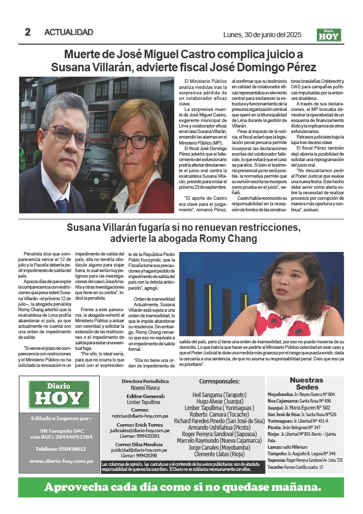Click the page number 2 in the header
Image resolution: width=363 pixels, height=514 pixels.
[28, 32]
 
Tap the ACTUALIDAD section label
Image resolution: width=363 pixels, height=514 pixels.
[69, 33]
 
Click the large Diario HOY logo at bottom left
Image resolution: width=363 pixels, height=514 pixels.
[59, 395]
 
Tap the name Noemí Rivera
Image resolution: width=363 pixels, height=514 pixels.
[145, 388]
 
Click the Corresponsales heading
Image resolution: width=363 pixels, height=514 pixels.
[219, 381]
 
